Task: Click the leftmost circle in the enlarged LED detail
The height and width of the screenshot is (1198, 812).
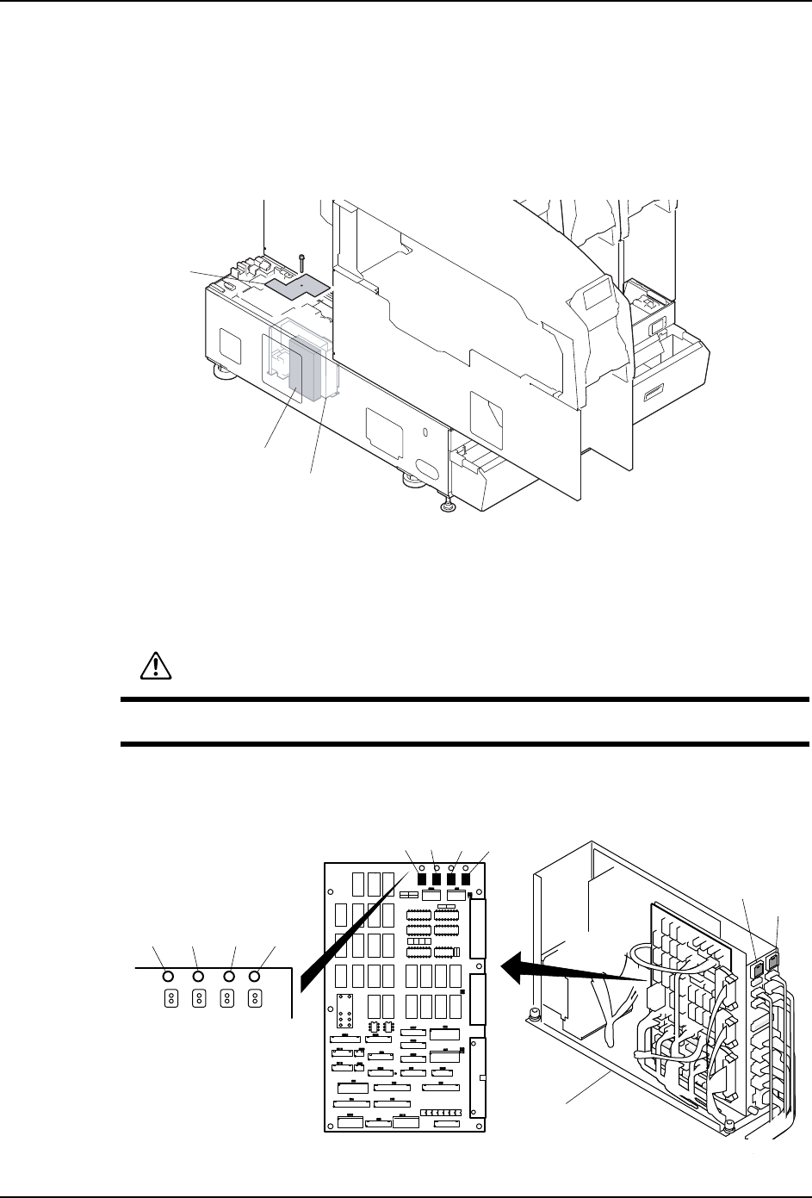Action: click(169, 977)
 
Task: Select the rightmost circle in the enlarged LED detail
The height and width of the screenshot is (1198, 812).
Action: click(255, 977)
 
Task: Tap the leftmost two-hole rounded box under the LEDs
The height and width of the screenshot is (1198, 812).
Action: click(170, 997)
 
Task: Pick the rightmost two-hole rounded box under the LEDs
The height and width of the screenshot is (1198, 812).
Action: click(255, 997)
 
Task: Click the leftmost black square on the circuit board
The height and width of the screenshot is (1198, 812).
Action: click(422, 879)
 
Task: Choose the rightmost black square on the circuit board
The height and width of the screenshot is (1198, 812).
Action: click(467, 879)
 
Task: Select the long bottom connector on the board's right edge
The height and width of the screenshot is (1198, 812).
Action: click(478, 1077)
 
